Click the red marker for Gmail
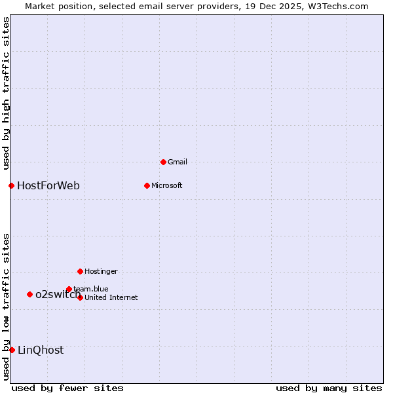point(163,162)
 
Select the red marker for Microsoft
point(147,185)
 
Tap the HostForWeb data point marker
point(11,185)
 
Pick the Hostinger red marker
point(80,271)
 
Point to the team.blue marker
point(69,289)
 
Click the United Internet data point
point(80,297)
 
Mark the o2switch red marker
point(29,294)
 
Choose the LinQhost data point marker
point(12,350)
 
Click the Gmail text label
point(178,162)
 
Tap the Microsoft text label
point(167,185)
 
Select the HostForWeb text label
point(48,185)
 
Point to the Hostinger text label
point(101,271)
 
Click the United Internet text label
point(111,297)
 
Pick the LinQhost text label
point(41,350)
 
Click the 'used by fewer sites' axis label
point(67,388)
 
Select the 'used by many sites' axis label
point(329,388)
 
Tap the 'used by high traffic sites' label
point(7,92)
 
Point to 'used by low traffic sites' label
point(7,306)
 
